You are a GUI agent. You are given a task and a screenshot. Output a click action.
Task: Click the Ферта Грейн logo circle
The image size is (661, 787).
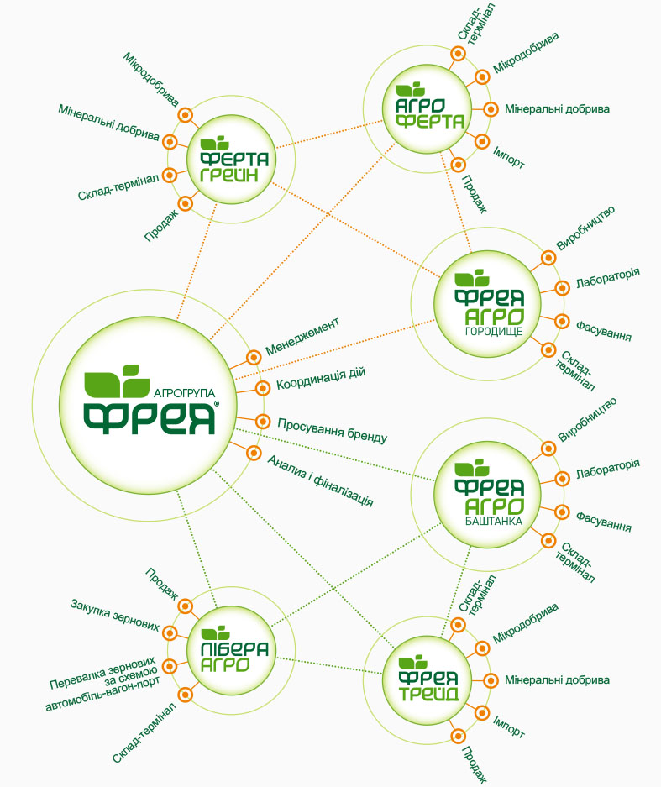(x=231, y=159)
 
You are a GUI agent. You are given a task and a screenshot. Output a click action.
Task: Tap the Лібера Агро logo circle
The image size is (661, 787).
(x=231, y=650)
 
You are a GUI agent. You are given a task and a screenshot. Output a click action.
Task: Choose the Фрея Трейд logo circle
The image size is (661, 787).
(x=428, y=680)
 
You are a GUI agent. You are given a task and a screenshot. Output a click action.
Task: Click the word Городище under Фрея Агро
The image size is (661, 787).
(x=494, y=331)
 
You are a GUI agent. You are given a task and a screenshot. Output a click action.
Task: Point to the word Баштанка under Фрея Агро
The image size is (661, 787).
(x=494, y=521)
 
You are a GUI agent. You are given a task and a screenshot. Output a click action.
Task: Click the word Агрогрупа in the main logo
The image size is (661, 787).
(x=184, y=393)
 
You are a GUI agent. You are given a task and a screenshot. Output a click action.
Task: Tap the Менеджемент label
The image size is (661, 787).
(x=302, y=336)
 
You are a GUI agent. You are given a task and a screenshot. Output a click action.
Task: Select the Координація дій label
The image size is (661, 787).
(x=321, y=379)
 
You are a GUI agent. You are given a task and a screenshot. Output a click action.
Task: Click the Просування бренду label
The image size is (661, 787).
(x=333, y=431)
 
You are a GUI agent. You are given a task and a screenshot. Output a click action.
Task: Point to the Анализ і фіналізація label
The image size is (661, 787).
(x=321, y=480)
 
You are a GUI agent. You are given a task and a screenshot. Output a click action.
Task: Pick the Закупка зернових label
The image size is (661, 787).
(x=115, y=615)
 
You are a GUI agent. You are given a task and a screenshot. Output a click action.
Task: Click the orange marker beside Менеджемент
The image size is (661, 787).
(x=254, y=357)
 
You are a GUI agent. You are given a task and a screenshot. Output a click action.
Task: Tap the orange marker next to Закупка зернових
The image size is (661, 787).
(x=170, y=633)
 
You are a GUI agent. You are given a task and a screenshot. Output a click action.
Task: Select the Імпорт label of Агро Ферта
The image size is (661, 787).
(x=508, y=158)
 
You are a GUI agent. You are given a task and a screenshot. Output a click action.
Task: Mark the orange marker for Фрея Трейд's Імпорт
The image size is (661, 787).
(x=482, y=713)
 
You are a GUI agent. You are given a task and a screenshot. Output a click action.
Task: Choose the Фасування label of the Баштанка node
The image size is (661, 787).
(x=603, y=521)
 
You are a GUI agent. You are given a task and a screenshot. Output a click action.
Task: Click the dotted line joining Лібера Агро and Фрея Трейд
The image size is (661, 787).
(x=328, y=665)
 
